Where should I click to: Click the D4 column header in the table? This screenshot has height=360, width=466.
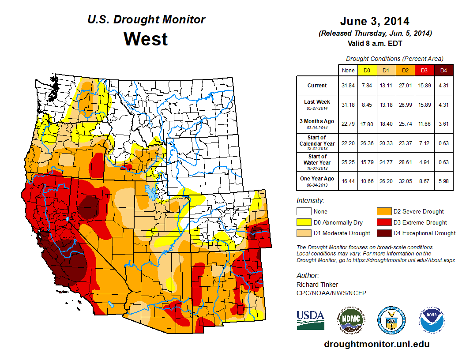tap(443, 70)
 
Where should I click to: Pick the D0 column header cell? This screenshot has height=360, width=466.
tap(366, 70)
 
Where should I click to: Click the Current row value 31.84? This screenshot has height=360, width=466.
tap(348, 86)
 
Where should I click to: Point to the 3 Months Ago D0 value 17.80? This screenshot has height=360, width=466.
tap(366, 124)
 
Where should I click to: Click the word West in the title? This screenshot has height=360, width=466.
tap(146, 39)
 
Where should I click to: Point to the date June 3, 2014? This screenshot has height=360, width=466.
tap(375, 21)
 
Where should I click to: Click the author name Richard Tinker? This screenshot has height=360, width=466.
tap(317, 285)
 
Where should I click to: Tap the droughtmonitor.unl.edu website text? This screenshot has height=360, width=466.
tap(376, 344)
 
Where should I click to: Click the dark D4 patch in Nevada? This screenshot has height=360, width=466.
tap(90, 207)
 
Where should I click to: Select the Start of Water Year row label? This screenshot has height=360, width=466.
tap(317, 162)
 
